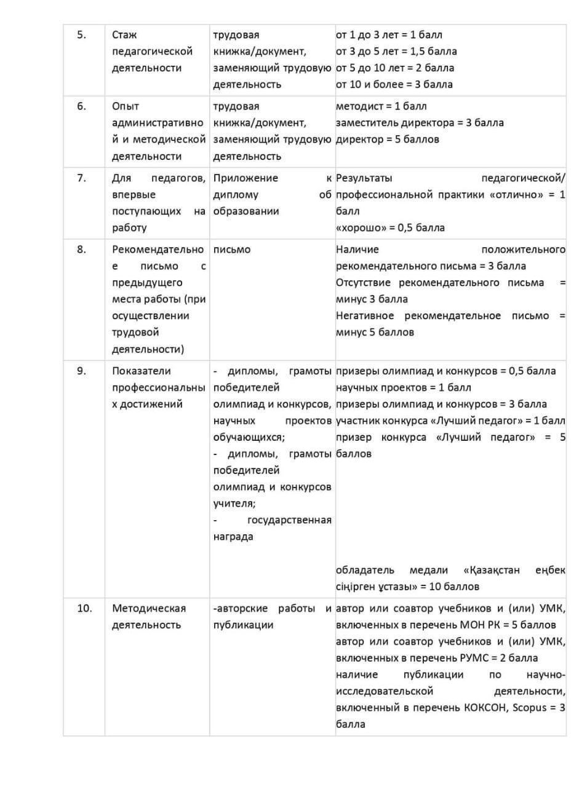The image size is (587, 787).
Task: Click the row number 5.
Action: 81,35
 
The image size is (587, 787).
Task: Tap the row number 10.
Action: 84,608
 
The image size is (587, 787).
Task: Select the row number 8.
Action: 81,250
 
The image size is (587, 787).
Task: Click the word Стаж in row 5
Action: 124,35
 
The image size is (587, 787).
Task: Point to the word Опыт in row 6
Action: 126,106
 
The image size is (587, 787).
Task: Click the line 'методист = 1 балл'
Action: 381,106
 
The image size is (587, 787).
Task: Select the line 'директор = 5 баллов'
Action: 387,140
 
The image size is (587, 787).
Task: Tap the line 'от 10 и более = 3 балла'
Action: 394,84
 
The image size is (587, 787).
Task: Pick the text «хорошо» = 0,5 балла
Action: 390,227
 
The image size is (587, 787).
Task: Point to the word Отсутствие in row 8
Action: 363,282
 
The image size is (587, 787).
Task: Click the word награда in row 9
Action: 233,537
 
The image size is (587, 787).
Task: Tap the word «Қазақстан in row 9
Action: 491,570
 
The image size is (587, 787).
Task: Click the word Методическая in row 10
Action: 149,608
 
